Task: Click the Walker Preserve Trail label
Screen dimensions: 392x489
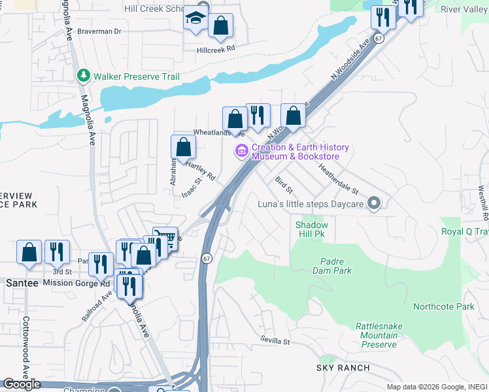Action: tap(136, 76)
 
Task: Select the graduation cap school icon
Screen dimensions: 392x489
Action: tap(195, 19)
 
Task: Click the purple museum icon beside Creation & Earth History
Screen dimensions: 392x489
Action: tap(241, 152)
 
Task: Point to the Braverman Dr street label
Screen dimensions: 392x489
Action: tap(99, 31)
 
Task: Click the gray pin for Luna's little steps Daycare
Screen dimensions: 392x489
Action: tap(374, 204)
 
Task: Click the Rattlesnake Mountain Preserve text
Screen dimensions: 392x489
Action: tap(376, 335)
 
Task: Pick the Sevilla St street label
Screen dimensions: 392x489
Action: tap(274, 341)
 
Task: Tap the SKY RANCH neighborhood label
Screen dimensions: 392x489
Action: tap(343, 368)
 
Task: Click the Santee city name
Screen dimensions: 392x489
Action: tap(22, 283)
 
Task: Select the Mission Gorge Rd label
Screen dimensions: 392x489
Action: tap(76, 284)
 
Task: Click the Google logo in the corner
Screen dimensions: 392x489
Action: tap(22, 384)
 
